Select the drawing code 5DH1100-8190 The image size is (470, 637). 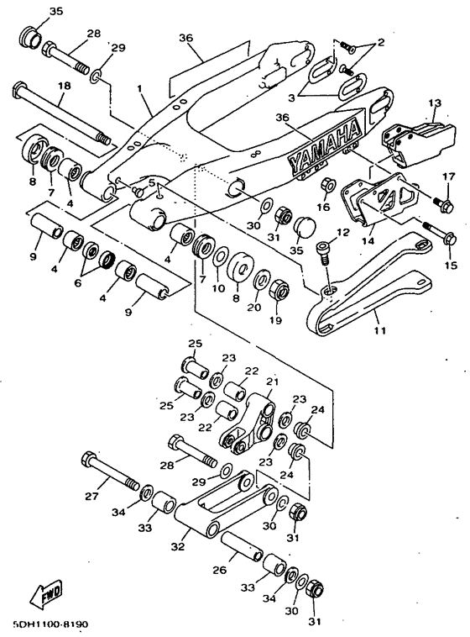[50, 624]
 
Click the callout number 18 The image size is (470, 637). [64, 86]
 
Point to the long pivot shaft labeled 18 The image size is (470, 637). [62, 113]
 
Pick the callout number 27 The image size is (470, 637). [91, 496]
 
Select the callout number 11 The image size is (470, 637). [380, 330]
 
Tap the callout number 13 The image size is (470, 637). [435, 103]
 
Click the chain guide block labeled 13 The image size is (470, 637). [418, 142]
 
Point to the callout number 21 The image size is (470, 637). [273, 382]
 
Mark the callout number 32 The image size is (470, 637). [178, 546]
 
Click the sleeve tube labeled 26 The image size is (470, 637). [242, 546]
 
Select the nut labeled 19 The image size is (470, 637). [279, 289]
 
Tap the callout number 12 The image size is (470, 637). [343, 232]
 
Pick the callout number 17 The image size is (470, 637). [449, 177]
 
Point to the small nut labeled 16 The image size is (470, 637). [327, 185]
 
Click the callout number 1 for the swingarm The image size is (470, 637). [139, 88]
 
